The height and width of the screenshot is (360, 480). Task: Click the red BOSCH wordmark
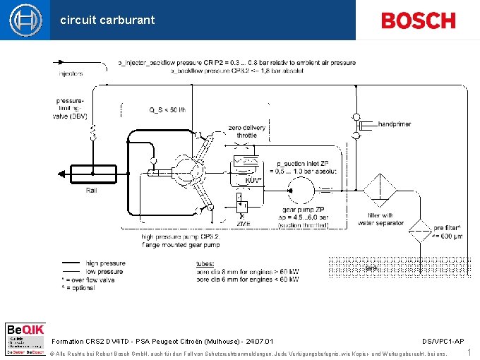[x=418, y=20]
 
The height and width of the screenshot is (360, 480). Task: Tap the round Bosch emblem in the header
[x=25, y=20]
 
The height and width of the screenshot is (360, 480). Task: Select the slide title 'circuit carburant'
[x=107, y=20]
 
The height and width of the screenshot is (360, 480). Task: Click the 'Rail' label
[x=92, y=191]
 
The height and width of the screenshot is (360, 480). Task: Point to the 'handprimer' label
[x=395, y=124]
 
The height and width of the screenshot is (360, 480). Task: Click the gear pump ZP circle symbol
[x=300, y=190]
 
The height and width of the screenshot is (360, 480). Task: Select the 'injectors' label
[x=71, y=73]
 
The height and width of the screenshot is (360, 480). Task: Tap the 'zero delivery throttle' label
[x=247, y=131]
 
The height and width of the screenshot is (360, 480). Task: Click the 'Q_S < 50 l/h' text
[x=167, y=109]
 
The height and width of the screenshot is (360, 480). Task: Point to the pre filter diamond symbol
[x=421, y=232]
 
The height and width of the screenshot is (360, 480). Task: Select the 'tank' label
[x=371, y=268]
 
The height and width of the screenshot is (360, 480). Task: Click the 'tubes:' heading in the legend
[x=205, y=264]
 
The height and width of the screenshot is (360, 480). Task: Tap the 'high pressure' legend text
[x=105, y=263]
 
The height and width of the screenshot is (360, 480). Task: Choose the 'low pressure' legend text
[x=104, y=271]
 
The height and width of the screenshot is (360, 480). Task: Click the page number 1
[x=469, y=352]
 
